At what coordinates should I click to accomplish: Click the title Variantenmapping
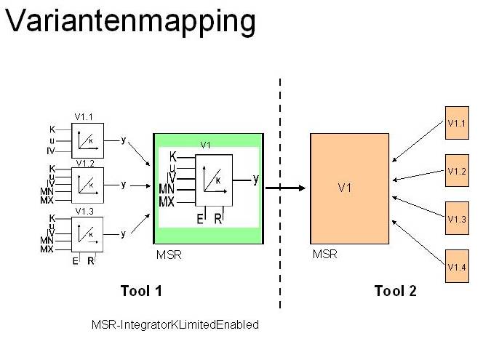(x=130, y=22)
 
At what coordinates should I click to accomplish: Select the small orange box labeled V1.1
(x=457, y=123)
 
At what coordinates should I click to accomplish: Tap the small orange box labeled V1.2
(x=457, y=171)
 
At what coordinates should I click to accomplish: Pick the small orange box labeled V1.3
(x=457, y=219)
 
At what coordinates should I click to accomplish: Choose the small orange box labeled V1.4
(x=457, y=266)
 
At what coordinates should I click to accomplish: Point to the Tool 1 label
(x=140, y=292)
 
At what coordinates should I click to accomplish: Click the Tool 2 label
(x=395, y=292)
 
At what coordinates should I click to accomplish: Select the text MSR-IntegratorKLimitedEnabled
(x=175, y=325)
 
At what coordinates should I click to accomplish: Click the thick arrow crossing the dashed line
(x=285, y=188)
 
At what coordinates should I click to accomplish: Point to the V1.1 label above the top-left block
(x=84, y=116)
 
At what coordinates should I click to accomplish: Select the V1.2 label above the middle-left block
(x=84, y=163)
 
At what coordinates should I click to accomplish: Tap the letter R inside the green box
(x=217, y=217)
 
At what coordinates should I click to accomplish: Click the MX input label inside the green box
(x=167, y=201)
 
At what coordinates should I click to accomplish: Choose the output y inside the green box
(x=255, y=179)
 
